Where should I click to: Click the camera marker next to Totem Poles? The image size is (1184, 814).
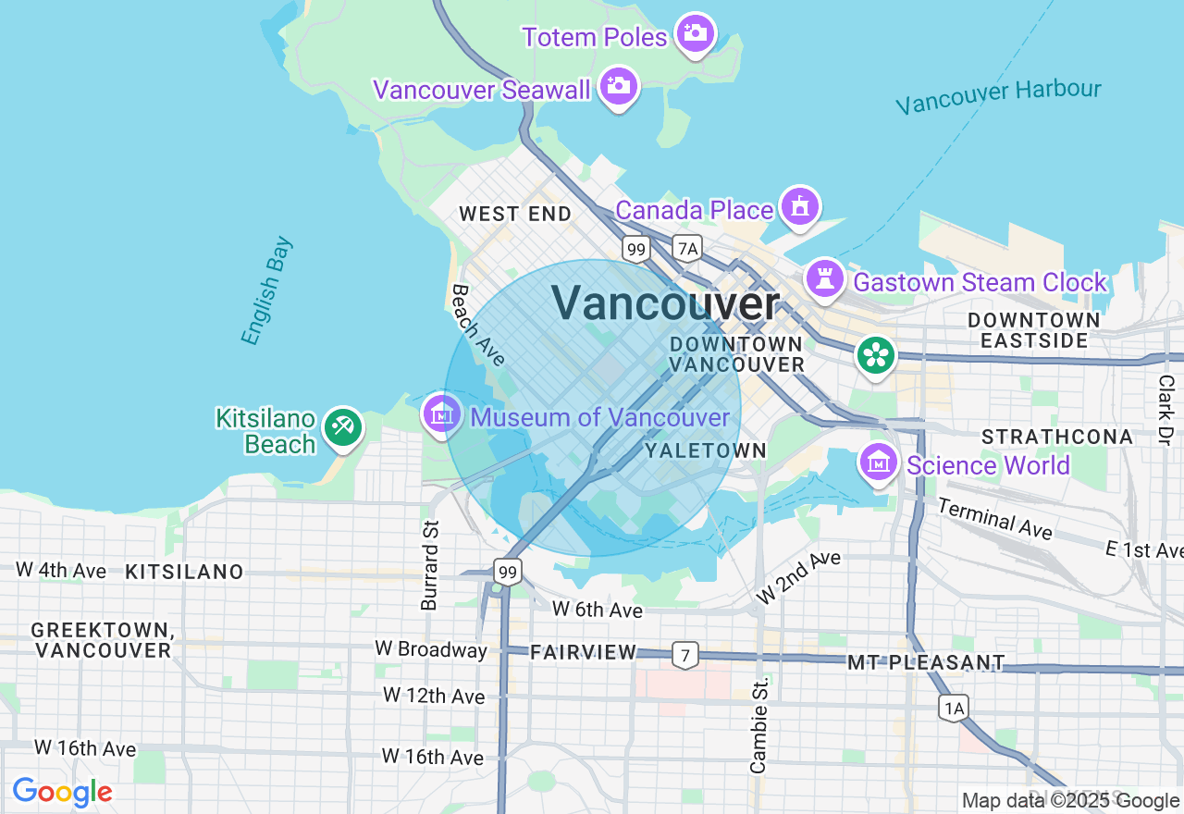695,34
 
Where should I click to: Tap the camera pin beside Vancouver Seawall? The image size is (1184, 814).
618,87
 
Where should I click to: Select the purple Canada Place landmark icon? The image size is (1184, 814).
799,207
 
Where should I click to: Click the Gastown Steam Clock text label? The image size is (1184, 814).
980,282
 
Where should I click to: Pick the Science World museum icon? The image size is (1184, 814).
878,462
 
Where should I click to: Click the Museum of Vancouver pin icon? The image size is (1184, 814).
442,413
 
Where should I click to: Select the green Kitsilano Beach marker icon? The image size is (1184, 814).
343,426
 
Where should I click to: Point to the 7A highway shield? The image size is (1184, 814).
686,248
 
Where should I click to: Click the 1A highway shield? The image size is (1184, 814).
955,709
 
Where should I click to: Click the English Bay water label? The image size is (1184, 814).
267,291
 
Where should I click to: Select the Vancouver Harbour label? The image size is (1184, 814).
998,96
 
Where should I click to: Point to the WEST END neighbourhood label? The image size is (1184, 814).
515,214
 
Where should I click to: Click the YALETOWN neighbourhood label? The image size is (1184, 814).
706,450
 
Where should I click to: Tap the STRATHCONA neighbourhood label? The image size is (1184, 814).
1056,437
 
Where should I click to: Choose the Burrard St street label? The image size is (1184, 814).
430,564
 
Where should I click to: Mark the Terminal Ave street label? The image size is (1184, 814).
994,518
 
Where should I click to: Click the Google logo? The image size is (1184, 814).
62,792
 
